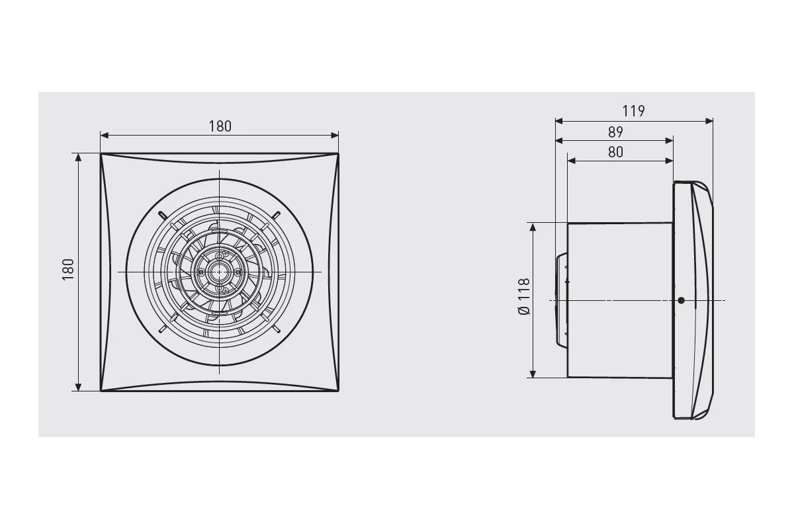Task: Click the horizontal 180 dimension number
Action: pos(220,126)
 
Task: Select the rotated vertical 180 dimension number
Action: pos(68,270)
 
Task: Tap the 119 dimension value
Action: pos(633,111)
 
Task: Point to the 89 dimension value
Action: pos(615,132)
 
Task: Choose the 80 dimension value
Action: pos(615,152)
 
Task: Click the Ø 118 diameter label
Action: pos(524,296)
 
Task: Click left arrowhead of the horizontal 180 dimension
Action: pos(105,136)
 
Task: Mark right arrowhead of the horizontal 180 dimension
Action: pos(335,136)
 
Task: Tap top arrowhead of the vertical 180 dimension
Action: pos(79,157)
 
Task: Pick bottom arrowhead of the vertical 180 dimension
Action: pos(79,387)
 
